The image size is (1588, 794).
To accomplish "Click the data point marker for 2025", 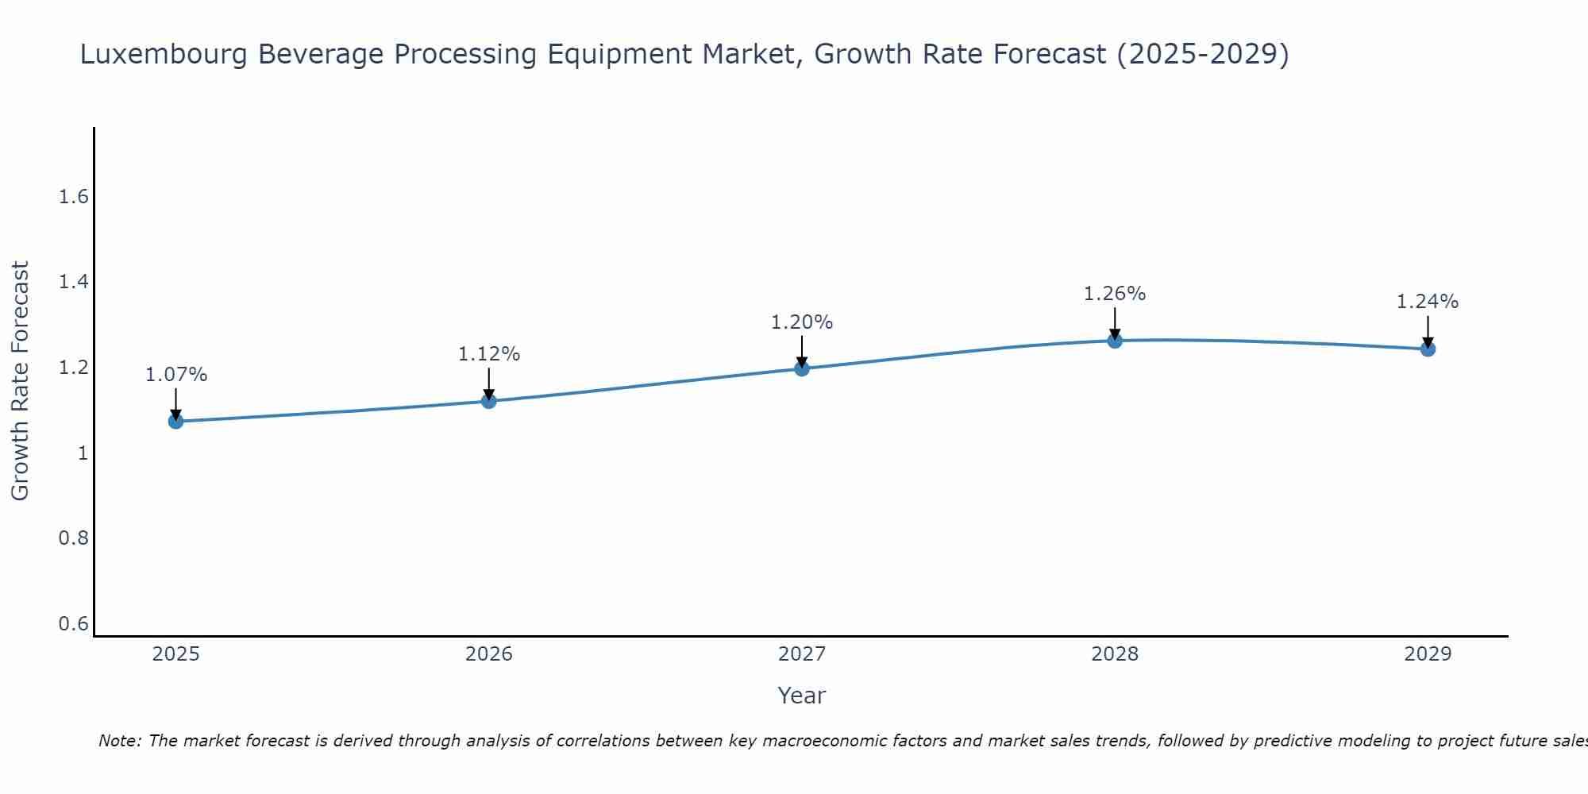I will (175, 421).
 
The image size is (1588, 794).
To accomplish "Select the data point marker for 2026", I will (489, 401).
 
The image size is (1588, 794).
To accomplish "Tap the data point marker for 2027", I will (802, 368).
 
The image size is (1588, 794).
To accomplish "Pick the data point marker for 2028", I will (1115, 341).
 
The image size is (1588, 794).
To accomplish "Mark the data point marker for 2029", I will (1428, 349).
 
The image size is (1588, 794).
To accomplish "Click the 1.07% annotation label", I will (175, 374).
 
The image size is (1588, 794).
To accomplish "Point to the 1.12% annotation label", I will (489, 354).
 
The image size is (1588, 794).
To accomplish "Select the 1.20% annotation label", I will (802, 322).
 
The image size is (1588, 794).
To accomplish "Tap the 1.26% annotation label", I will (1115, 294).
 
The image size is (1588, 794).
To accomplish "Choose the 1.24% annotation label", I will (1428, 302).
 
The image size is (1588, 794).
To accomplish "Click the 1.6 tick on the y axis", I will (73, 197).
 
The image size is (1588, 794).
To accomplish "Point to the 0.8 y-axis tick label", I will (73, 538).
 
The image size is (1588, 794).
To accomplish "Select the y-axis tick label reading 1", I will (83, 453).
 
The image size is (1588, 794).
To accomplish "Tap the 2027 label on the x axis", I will (802, 654).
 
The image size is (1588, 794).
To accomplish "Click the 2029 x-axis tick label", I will (1428, 654).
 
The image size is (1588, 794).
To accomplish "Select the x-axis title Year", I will (802, 696).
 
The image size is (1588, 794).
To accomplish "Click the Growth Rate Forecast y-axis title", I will (21, 381).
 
